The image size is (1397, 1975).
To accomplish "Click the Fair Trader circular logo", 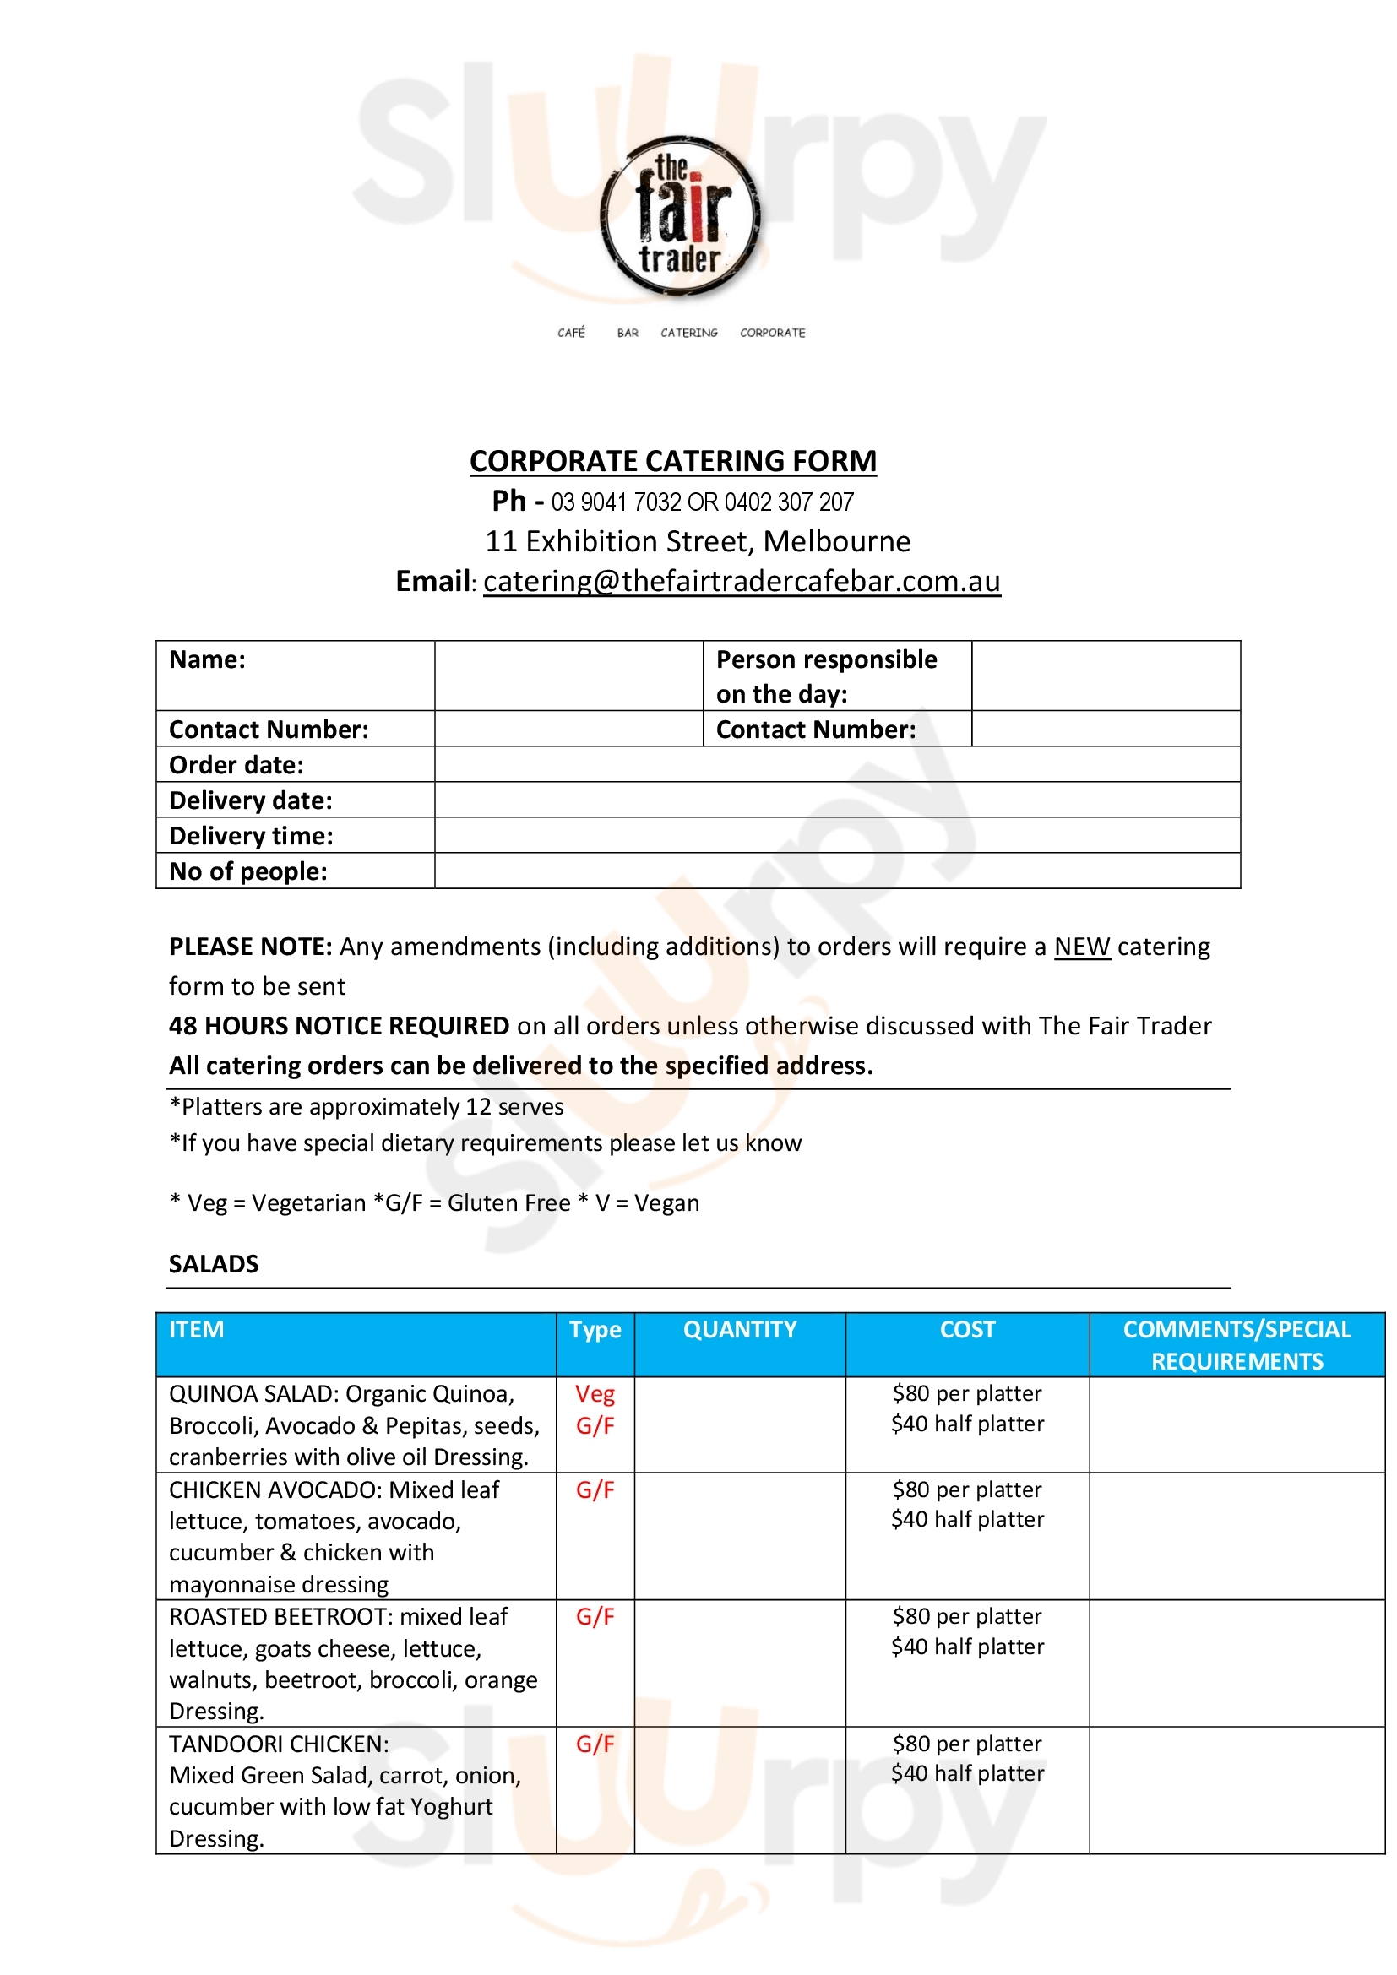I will [681, 217].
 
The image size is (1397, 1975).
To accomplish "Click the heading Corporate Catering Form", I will [672, 462].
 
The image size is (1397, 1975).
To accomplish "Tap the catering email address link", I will [742, 583].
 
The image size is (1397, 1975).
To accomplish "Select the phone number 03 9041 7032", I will [616, 502].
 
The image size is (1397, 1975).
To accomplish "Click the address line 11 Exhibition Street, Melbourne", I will [698, 542].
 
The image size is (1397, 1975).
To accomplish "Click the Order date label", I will [236, 765].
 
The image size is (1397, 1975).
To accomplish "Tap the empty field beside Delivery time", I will [836, 835].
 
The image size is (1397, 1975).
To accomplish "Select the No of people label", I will [247, 871].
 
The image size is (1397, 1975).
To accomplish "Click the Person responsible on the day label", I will [826, 676].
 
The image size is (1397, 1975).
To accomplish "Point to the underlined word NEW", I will [1081, 947].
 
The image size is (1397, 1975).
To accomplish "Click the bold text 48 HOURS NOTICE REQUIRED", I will [339, 1026].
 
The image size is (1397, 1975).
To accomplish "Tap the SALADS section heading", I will [214, 1264].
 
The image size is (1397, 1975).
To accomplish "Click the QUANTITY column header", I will [740, 1330].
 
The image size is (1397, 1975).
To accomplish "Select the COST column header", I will [967, 1330].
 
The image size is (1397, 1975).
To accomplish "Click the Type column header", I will [595, 1330].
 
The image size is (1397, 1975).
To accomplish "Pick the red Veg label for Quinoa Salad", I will [595, 1393].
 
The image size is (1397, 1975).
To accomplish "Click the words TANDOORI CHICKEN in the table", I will [278, 1744].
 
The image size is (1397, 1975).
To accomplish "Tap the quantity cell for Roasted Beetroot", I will [740, 1662].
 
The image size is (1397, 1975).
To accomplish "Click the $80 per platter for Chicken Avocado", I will [967, 1489].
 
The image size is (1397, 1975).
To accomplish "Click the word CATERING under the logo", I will [688, 333].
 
